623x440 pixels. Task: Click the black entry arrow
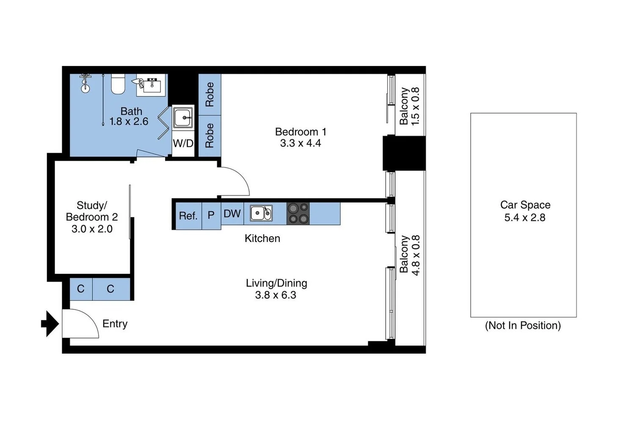pyautogui.click(x=50, y=324)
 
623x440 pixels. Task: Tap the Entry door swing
pyautogui.click(x=81, y=324)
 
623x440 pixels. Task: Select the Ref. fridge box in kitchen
pyautogui.click(x=188, y=216)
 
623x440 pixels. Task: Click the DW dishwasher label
pyautogui.click(x=232, y=214)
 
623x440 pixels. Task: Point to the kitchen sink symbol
pyautogui.click(x=261, y=213)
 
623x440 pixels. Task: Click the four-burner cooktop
pyautogui.click(x=298, y=213)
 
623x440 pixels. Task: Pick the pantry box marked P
pyautogui.click(x=211, y=216)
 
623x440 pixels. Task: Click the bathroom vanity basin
pyautogui.click(x=152, y=85)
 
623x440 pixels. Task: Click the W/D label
pyautogui.click(x=183, y=143)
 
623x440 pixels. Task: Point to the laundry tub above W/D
pyautogui.click(x=183, y=117)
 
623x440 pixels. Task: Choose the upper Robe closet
pyautogui.click(x=210, y=94)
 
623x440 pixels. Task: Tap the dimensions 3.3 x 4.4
pyautogui.click(x=300, y=143)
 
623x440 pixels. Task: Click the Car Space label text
pyautogui.click(x=525, y=205)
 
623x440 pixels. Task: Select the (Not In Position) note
pyautogui.click(x=523, y=325)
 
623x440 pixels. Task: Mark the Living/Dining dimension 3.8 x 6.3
pyautogui.click(x=276, y=295)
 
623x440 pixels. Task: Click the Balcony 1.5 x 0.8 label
pyautogui.click(x=409, y=106)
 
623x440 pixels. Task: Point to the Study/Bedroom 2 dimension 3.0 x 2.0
pyautogui.click(x=92, y=229)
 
